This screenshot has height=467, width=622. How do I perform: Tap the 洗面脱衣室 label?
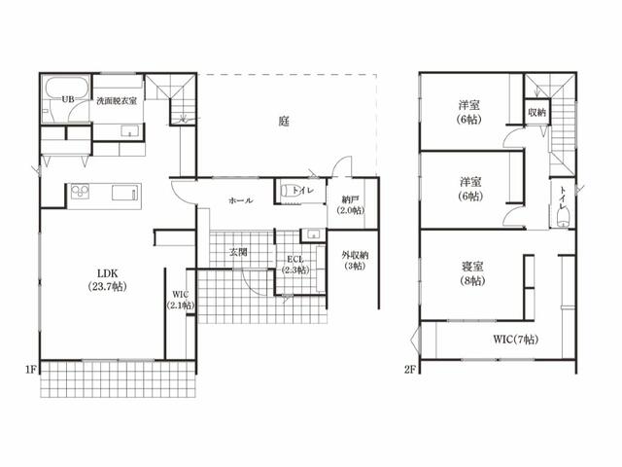(117, 101)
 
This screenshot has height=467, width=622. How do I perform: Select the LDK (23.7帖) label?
(108, 280)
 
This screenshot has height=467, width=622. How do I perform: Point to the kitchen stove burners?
(80, 192)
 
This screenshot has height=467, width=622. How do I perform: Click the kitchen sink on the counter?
(126, 194)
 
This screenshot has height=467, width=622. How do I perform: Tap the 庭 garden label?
(284, 121)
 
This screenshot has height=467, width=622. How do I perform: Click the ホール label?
(241, 201)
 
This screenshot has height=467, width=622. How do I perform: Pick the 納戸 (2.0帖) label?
(350, 205)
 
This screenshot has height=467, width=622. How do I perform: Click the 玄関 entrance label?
(238, 252)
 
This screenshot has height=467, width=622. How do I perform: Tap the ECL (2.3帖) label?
(295, 265)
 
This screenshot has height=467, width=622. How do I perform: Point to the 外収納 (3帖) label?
(355, 261)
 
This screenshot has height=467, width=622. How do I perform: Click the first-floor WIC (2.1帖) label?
(181, 301)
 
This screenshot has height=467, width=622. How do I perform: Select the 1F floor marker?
(31, 370)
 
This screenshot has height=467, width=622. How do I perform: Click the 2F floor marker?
(410, 370)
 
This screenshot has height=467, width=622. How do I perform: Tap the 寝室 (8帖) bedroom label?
(472, 273)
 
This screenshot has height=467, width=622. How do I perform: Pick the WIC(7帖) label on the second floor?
(516, 340)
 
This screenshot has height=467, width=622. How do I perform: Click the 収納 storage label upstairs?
(537, 113)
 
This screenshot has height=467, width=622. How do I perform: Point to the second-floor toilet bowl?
(563, 218)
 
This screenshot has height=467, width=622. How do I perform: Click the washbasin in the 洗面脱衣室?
(129, 131)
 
